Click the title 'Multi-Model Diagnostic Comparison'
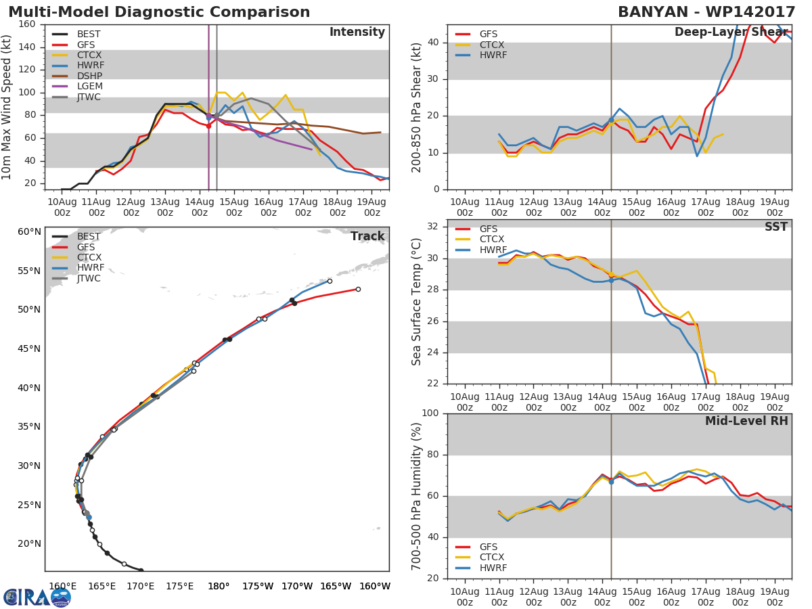(x=159, y=12)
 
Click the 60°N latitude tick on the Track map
(x=29, y=231)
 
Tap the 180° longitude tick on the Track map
(x=218, y=586)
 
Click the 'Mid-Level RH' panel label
(x=746, y=421)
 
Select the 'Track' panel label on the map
(x=367, y=236)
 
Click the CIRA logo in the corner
(x=37, y=597)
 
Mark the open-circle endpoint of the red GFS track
(x=358, y=289)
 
